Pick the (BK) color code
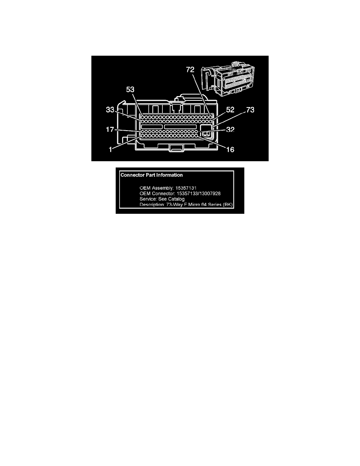coord(227,204)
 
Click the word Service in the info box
coord(148,199)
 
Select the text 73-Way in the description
coord(173,204)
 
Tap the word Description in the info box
coord(151,204)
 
